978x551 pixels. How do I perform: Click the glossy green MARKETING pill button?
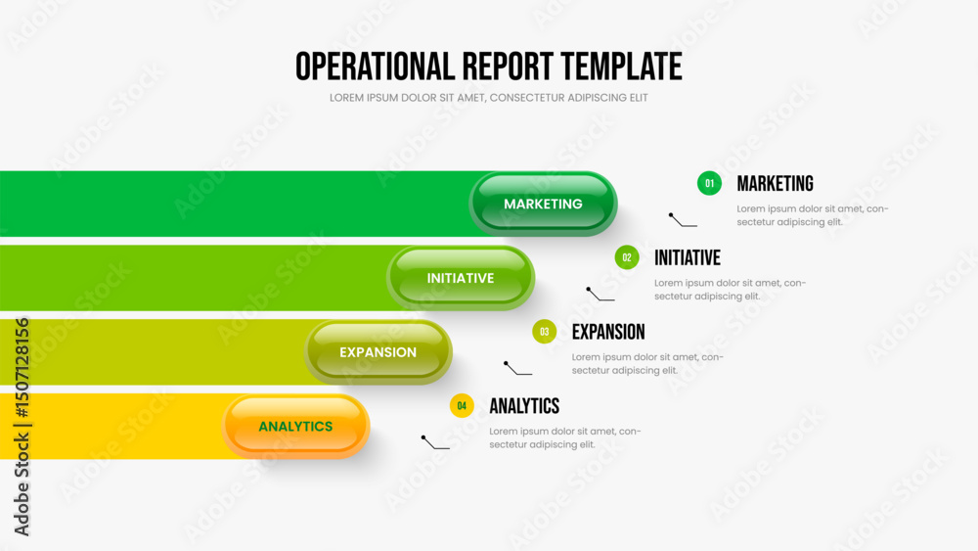(543, 204)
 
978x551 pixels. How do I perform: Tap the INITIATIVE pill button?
(461, 278)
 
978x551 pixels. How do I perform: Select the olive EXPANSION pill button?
(378, 352)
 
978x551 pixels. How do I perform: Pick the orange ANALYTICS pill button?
(295, 426)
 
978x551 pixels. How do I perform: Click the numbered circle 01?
(709, 183)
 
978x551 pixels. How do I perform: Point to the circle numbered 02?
(627, 257)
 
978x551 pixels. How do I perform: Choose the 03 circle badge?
(545, 332)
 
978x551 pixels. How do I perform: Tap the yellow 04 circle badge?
(462, 406)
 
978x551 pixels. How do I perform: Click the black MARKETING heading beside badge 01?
(776, 183)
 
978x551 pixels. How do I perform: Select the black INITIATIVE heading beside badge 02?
(688, 257)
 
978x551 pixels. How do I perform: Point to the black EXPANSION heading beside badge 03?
(608, 332)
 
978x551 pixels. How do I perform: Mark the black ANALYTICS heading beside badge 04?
(524, 406)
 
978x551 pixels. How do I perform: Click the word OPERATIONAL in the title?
(375, 67)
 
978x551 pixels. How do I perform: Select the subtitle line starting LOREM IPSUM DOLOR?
(489, 98)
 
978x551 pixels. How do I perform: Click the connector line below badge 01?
(683, 220)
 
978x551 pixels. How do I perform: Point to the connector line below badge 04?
(435, 443)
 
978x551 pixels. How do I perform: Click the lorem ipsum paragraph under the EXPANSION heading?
(647, 364)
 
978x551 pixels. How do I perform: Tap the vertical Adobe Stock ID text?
(22, 427)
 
